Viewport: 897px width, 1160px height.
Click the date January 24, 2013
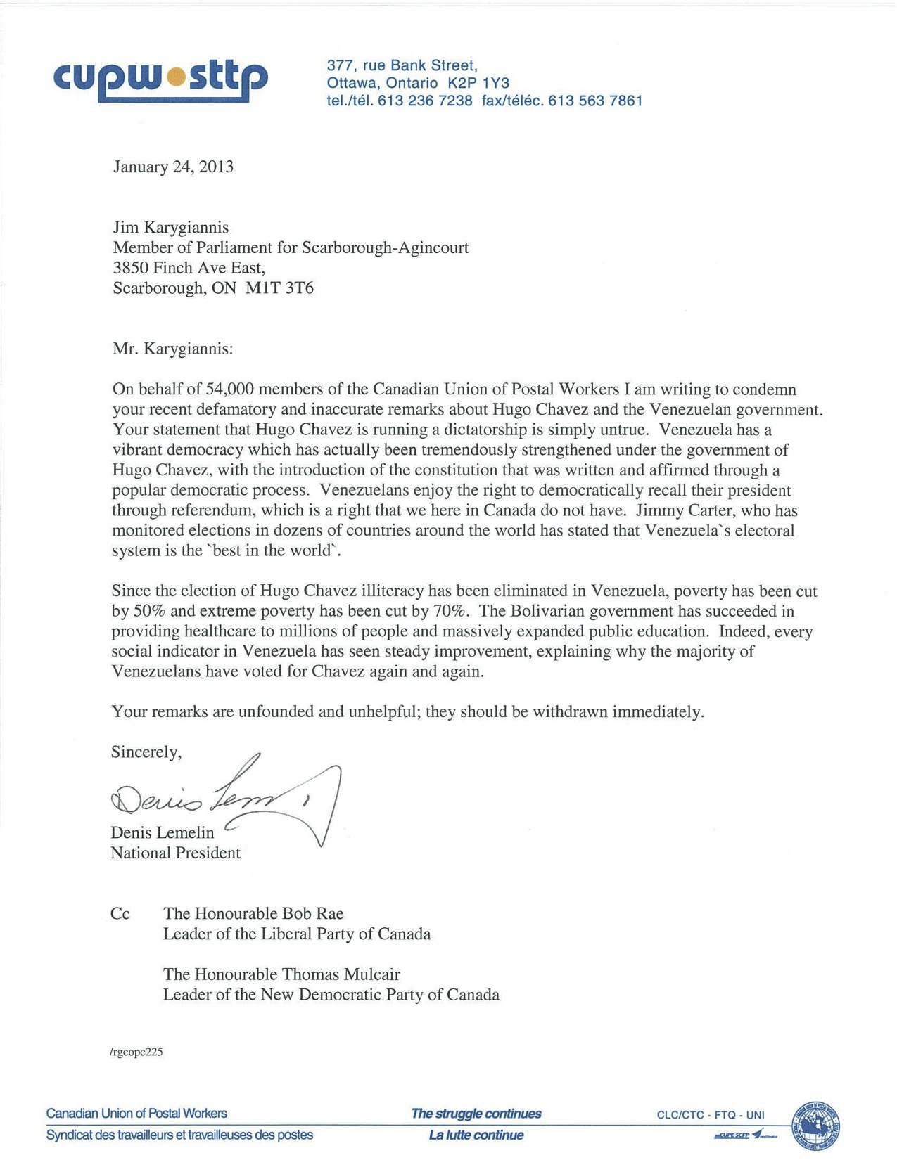click(x=173, y=167)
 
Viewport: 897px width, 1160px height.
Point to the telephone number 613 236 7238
click(x=425, y=101)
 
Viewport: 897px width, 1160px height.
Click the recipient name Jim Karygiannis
click(x=171, y=227)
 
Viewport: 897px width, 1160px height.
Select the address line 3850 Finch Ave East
click(x=189, y=268)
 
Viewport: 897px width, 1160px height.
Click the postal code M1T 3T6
click(x=279, y=288)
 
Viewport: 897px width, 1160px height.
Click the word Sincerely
click(x=146, y=752)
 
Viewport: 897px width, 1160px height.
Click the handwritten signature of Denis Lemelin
click(x=225, y=798)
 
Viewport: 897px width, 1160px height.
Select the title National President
click(x=175, y=853)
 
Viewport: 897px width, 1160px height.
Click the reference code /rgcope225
click(x=136, y=1052)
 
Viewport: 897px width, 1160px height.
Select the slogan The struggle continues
click(x=476, y=1113)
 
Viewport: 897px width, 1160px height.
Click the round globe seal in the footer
click(x=816, y=1126)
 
